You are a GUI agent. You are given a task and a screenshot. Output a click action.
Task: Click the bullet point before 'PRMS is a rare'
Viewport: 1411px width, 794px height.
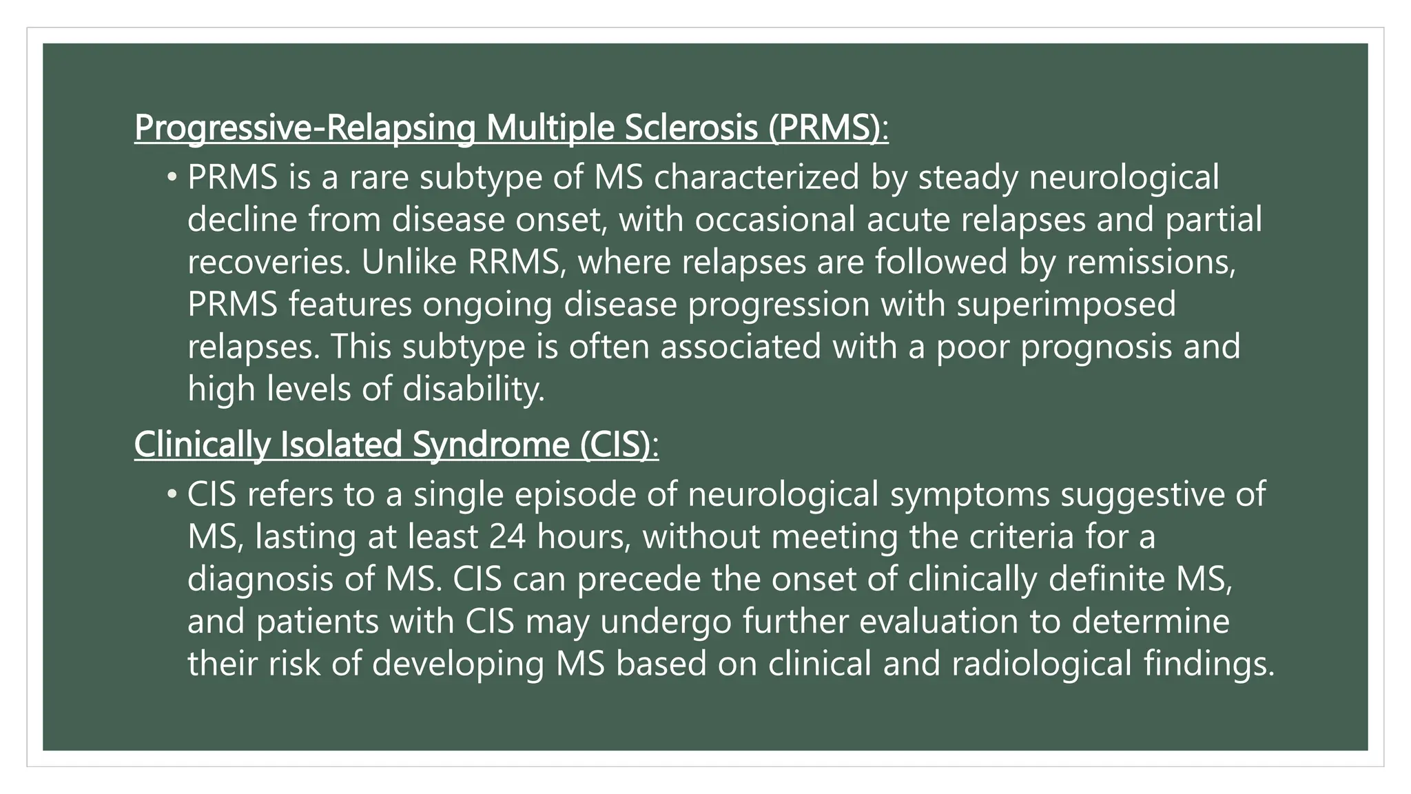click(172, 178)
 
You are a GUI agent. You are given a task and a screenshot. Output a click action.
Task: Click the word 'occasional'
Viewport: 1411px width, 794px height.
click(774, 220)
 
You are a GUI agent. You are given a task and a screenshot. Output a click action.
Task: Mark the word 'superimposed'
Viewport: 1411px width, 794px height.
click(1066, 305)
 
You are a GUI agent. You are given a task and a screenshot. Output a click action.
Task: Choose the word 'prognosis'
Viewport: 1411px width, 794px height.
click(1095, 347)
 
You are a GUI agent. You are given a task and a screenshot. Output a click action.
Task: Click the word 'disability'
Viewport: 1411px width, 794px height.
click(473, 389)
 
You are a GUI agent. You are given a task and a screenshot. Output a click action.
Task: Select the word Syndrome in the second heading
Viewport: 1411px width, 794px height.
click(491, 445)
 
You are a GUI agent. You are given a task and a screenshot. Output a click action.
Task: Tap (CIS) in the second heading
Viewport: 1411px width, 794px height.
click(619, 445)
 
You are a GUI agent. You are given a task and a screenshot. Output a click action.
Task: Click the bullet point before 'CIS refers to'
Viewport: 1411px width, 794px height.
click(172, 495)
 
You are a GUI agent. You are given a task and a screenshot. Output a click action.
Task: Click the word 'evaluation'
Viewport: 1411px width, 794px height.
click(938, 622)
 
